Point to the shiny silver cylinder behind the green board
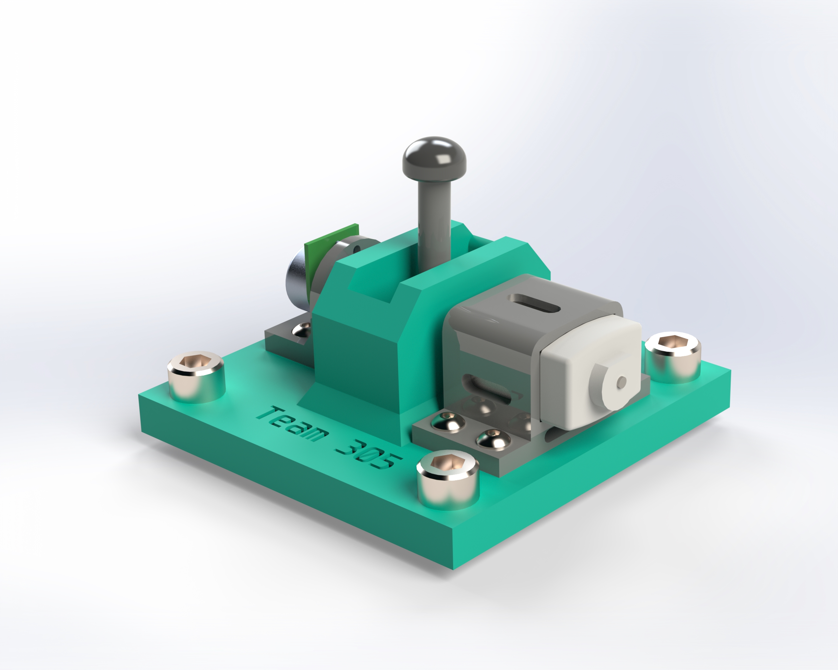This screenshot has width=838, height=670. pos(297,278)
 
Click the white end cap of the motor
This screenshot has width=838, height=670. pos(591,373)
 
